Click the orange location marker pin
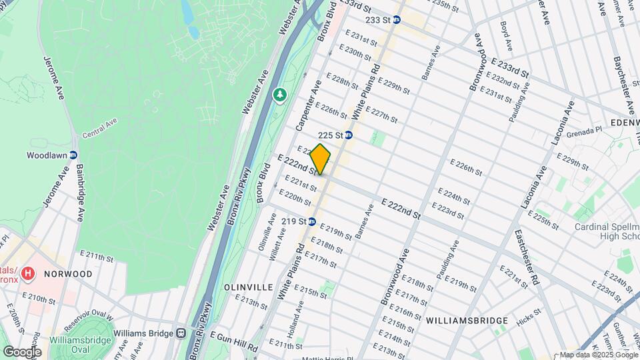point(321,159)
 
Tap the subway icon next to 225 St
point(348,135)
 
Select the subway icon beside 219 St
point(311,221)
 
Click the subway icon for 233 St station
point(396,20)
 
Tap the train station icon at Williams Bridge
point(180,333)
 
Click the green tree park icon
point(279,97)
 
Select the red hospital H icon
point(28,273)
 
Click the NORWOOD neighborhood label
point(69,274)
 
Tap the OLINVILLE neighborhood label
point(248,287)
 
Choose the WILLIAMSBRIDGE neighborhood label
point(467,321)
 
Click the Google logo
point(22,351)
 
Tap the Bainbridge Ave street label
point(84,193)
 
